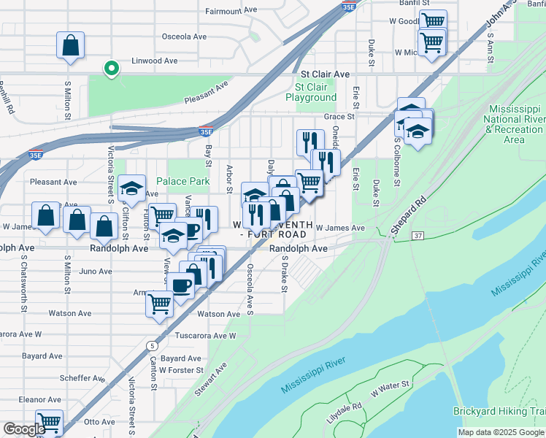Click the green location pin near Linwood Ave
111,69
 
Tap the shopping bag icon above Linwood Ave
70,45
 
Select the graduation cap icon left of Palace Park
131,190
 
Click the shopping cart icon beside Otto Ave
49,422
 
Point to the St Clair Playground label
311,92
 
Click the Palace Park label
182,181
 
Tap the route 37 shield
417,236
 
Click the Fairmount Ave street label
232,11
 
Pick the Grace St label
339,116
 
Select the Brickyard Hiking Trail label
499,412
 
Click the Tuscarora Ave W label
207,336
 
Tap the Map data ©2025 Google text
500,432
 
